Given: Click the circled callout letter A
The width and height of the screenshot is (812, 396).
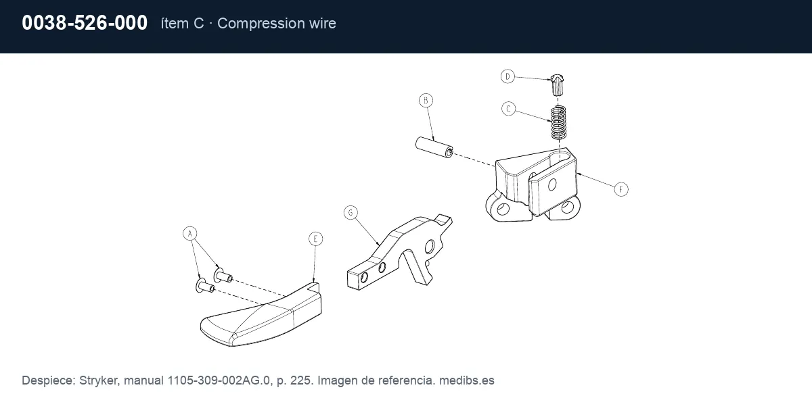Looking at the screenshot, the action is [190, 233].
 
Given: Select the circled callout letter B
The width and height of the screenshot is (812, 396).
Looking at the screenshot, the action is [426, 100].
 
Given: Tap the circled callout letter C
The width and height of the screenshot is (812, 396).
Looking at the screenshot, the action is [509, 109].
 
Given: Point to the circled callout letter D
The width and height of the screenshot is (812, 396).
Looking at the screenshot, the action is [507, 76].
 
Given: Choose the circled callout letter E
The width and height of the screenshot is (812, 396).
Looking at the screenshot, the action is [315, 239].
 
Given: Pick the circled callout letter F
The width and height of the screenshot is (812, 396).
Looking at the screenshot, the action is [621, 189].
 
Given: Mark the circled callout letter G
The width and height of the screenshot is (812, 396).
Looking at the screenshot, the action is [351, 212].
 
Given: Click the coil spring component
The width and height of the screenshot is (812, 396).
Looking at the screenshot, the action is [558, 123].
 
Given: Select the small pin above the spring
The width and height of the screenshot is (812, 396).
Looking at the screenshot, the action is [557, 85].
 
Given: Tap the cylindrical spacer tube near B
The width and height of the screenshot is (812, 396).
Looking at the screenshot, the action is [434, 147].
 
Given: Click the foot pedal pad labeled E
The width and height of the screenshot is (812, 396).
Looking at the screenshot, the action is [261, 315].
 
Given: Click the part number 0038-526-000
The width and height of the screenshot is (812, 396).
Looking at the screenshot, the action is [85, 23].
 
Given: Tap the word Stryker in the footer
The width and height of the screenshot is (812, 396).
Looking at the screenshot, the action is [98, 380].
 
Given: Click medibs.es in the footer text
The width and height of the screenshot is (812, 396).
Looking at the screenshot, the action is [466, 380].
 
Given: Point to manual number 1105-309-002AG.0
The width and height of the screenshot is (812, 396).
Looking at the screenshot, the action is [219, 380].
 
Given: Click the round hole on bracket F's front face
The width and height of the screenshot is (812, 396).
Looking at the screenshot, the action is [552, 184].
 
